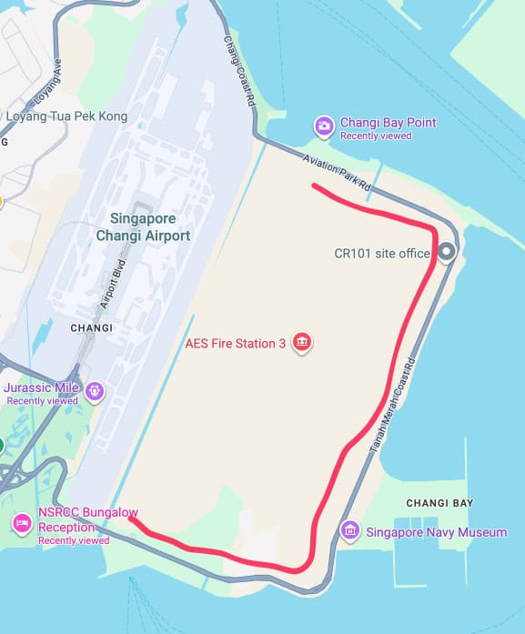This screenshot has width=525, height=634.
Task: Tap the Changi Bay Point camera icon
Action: tap(323, 126)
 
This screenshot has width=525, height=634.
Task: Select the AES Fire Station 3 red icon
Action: tap(302, 343)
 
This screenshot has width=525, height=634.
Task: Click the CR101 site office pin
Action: tap(446, 253)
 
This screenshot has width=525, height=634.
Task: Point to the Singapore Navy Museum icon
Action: tap(349, 530)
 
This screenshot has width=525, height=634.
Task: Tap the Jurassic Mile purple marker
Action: tap(96, 391)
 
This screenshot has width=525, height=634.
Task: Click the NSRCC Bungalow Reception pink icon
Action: tap(22, 522)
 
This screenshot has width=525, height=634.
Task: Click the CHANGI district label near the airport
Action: tap(91, 327)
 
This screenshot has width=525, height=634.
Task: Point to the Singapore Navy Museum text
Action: tap(436, 531)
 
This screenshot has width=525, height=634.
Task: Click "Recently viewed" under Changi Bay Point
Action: tap(376, 136)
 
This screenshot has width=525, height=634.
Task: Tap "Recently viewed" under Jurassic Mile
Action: tap(43, 400)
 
